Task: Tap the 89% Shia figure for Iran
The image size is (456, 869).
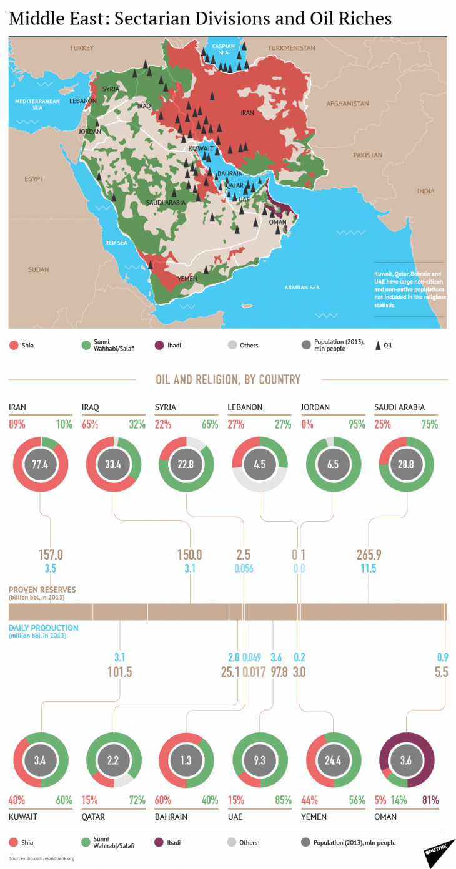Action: coord(17,425)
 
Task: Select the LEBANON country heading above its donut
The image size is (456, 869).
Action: coord(245,407)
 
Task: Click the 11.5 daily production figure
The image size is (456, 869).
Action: coord(368,568)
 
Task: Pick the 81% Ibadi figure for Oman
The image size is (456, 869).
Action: coord(430,800)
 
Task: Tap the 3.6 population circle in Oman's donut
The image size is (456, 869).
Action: coord(407,760)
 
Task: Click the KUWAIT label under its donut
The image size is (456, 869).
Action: coord(22,816)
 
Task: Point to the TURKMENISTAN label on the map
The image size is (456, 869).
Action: coord(292,47)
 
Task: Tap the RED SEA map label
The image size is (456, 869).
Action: coord(116,242)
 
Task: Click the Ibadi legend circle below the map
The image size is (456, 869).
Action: coord(158,345)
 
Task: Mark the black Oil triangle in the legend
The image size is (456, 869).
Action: coord(378,345)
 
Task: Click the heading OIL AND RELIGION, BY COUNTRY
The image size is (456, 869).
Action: coord(228,379)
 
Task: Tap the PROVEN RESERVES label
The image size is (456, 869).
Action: coord(42,589)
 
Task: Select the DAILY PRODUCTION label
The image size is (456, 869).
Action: coord(44,628)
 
